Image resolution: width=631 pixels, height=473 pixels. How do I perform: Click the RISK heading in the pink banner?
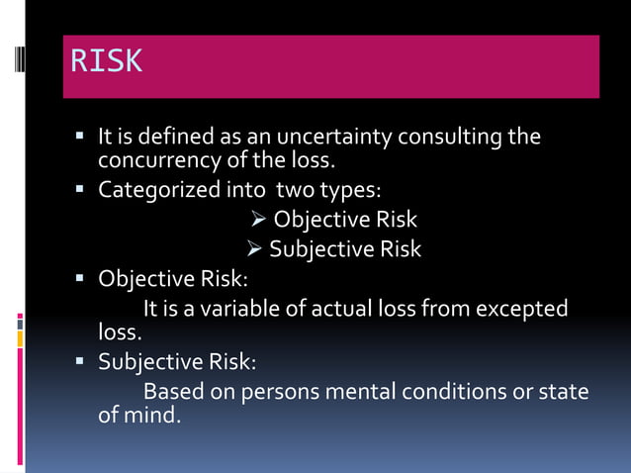coord(106,61)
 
